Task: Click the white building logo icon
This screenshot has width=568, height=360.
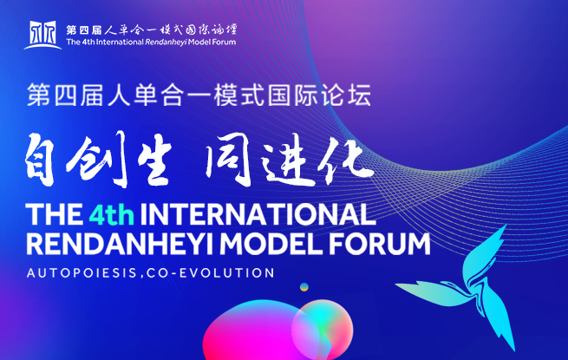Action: point(42,35)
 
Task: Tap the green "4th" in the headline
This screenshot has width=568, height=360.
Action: point(112,215)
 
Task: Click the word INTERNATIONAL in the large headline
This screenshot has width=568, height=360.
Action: point(258,214)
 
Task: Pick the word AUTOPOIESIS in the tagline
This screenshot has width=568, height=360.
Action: point(82,273)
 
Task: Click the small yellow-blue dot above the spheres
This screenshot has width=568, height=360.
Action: point(304,287)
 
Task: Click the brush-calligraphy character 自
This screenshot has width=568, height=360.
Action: point(40,160)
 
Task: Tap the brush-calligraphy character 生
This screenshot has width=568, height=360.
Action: point(155,162)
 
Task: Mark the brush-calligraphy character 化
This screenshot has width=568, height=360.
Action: point(344,160)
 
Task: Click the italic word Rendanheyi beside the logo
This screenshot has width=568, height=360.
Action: point(166,42)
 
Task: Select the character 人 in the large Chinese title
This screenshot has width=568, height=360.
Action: point(119,95)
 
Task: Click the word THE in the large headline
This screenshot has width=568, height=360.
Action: point(55,214)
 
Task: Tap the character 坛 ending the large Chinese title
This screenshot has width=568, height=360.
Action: point(360,95)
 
